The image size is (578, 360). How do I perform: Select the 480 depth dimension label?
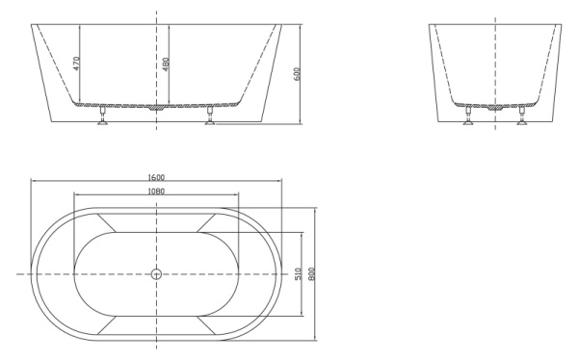coord(166,64)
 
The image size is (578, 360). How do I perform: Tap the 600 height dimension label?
coord(298,73)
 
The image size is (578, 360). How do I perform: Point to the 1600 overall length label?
coord(156,177)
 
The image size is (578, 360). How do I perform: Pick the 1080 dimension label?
coord(156,192)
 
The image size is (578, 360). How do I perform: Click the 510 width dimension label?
coord(299,274)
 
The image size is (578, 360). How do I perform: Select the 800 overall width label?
coord(312,274)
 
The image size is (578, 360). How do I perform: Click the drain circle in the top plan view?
coord(156,274)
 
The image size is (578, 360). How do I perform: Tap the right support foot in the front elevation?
coord(209,119)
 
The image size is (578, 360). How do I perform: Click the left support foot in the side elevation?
coord(467,118)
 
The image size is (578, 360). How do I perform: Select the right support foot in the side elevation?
coord(522,118)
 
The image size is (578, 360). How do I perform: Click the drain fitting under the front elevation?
coord(156,109)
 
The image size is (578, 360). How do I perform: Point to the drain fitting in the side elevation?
coord(495,108)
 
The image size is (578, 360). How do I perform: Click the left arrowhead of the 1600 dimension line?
coord(33,182)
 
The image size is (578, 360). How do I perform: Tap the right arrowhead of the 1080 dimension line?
coord(237,196)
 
